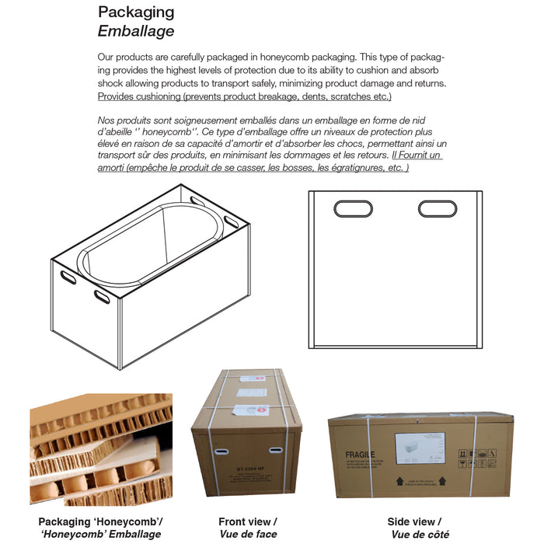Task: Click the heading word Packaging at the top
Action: pos(136,12)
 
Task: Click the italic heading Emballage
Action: pos(136,31)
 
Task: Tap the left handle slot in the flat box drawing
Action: pos(353,208)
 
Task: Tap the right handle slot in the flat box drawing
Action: pos(438,208)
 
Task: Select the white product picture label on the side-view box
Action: pos(420,449)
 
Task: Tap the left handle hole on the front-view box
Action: pos(221,451)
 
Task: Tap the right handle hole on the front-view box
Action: pos(275,450)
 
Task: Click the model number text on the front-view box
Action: pos(247,468)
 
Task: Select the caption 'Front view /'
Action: pos(247,521)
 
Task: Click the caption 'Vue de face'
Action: pos(247,534)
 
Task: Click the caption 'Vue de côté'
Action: pos(420,534)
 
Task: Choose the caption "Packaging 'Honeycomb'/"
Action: pos(100,521)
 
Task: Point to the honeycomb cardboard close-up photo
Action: pos(101,451)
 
